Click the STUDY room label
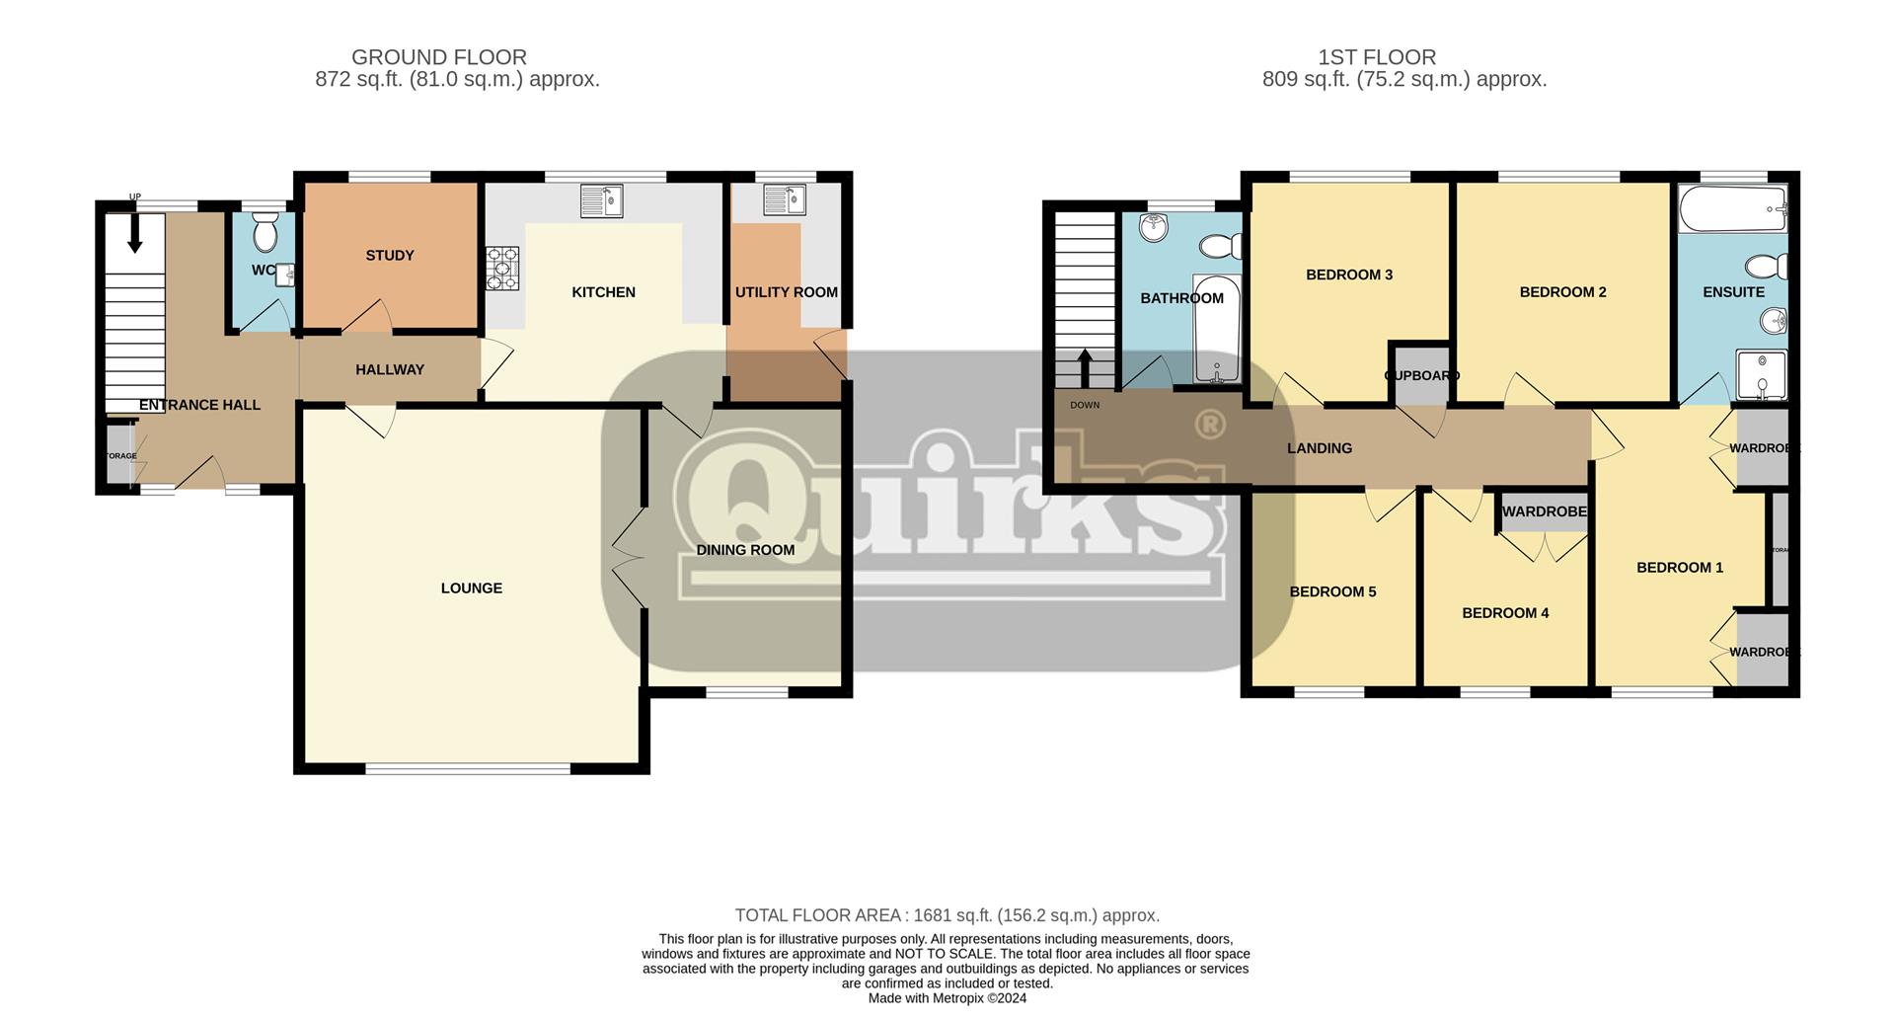pos(390,256)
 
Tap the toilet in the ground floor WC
pos(265,234)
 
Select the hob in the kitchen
pos(502,268)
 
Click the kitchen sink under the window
pos(602,201)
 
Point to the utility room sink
pos(785,201)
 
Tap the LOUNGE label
pos(472,589)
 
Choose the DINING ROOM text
pos(745,550)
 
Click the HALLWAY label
pos(390,369)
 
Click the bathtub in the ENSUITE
pos(1733,208)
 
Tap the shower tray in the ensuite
pos(1761,374)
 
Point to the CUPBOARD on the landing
pos(1420,375)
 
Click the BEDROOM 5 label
pos(1332,592)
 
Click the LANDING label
pos(1320,448)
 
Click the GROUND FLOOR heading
pos(439,57)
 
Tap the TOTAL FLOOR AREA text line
pos(947,915)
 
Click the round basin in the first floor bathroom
pos(1153,229)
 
